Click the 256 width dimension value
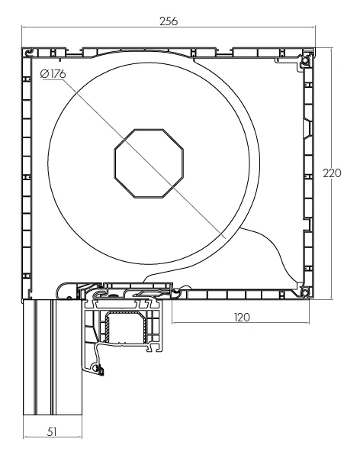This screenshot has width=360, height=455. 168,21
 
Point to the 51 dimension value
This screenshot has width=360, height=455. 52,431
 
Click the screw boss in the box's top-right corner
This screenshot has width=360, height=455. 305,59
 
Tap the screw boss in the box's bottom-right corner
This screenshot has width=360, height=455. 305,289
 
